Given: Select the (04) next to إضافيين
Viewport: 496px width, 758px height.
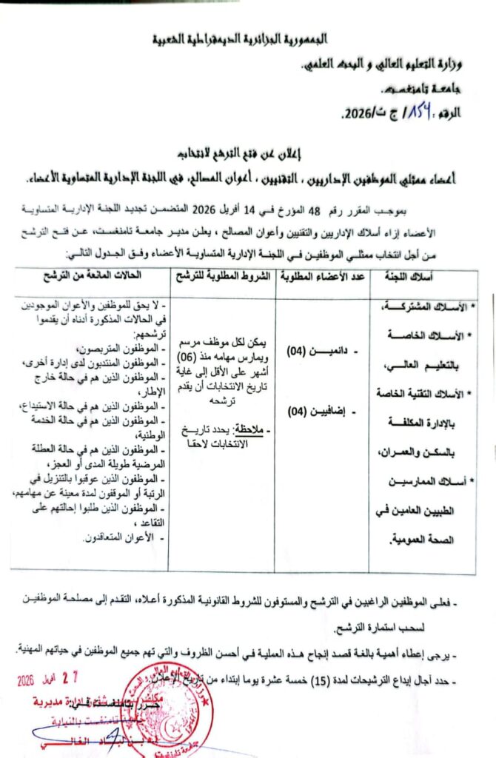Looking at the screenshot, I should click(x=298, y=411).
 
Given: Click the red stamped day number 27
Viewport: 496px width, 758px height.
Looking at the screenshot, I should click(x=87, y=679).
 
